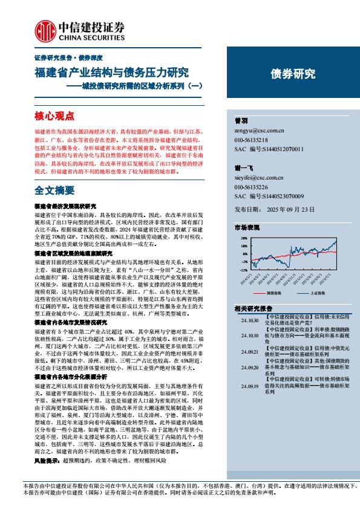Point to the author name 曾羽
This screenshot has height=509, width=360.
pyautogui.click(x=240, y=120)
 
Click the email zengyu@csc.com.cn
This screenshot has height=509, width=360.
pyautogui.click(x=259, y=130)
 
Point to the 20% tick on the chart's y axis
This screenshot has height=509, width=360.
pyautogui.click(x=243, y=239)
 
